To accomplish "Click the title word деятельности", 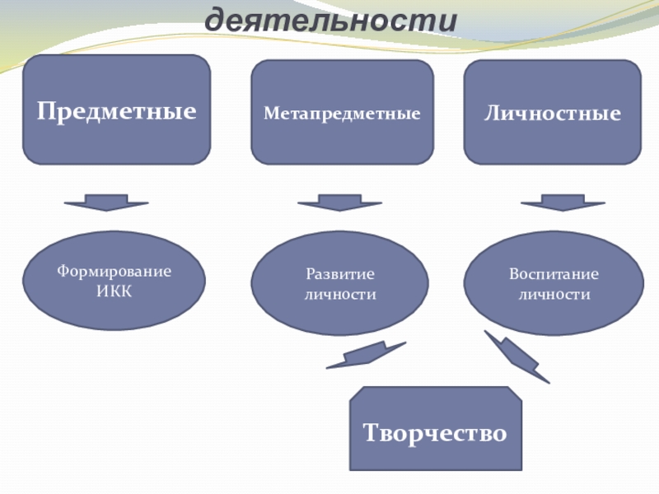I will [x=330, y=20].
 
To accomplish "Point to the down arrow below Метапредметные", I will [x=339, y=202].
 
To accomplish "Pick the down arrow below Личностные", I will [x=563, y=202].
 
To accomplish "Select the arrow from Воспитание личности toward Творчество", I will [x=516, y=356].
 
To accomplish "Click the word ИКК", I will [x=114, y=291].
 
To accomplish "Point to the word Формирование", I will [x=114, y=271].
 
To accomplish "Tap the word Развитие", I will [x=340, y=273].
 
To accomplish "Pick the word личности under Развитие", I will [x=340, y=293].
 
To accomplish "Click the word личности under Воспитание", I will [x=554, y=293].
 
